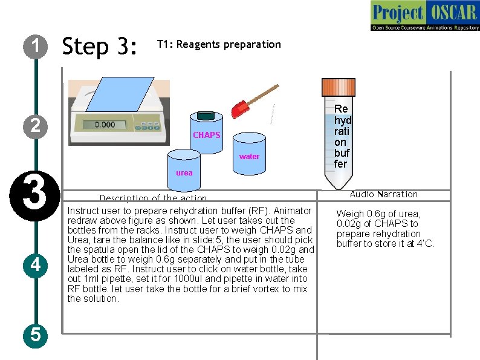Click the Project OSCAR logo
[424, 16]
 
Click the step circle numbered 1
[36, 46]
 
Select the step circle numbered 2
[36, 125]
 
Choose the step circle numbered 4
[36, 264]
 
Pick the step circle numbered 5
[36, 335]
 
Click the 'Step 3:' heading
[100, 46]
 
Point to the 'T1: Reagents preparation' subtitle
[219, 44]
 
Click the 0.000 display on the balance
[106, 124]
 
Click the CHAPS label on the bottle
[206, 135]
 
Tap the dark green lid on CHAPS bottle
[207, 115]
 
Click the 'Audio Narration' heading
[383, 194]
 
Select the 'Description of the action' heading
[153, 198]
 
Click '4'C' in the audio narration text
[426, 244]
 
